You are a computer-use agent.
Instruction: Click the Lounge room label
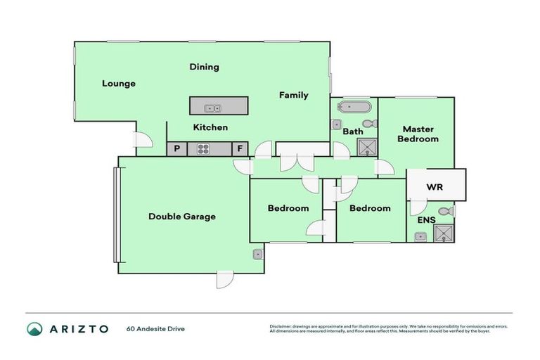click(118, 84)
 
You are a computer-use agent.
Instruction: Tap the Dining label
click(204, 67)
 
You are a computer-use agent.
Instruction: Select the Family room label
click(293, 95)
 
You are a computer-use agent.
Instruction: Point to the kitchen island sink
click(212, 108)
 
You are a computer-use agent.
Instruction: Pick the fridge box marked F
click(239, 149)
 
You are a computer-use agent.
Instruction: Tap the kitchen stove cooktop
click(203, 149)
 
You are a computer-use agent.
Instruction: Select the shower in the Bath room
click(367, 147)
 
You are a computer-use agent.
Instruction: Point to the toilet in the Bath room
click(372, 124)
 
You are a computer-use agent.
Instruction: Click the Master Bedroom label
click(418, 134)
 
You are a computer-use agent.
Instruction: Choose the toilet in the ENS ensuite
click(444, 211)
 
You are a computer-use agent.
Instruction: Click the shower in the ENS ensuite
click(444, 234)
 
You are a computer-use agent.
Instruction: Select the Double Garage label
click(181, 217)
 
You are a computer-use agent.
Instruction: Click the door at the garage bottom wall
click(224, 280)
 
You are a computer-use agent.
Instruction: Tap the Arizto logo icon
click(34, 328)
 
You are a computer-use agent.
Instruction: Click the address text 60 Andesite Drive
click(155, 328)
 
